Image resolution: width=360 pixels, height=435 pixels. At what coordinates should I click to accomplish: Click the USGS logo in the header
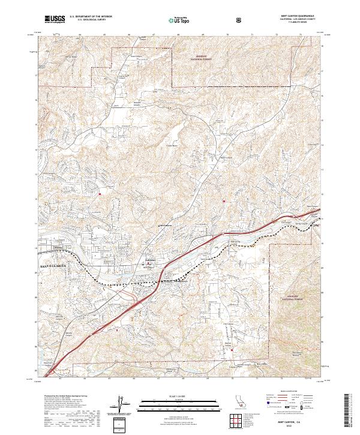(54, 20)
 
